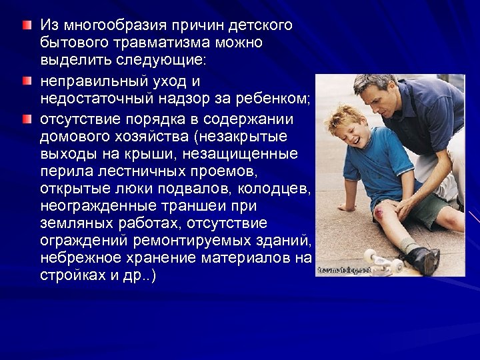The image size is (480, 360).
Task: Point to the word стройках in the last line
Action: (x=69, y=275)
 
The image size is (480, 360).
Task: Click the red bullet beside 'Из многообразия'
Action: (x=25, y=25)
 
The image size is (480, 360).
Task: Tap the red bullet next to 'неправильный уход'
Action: (x=25, y=81)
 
